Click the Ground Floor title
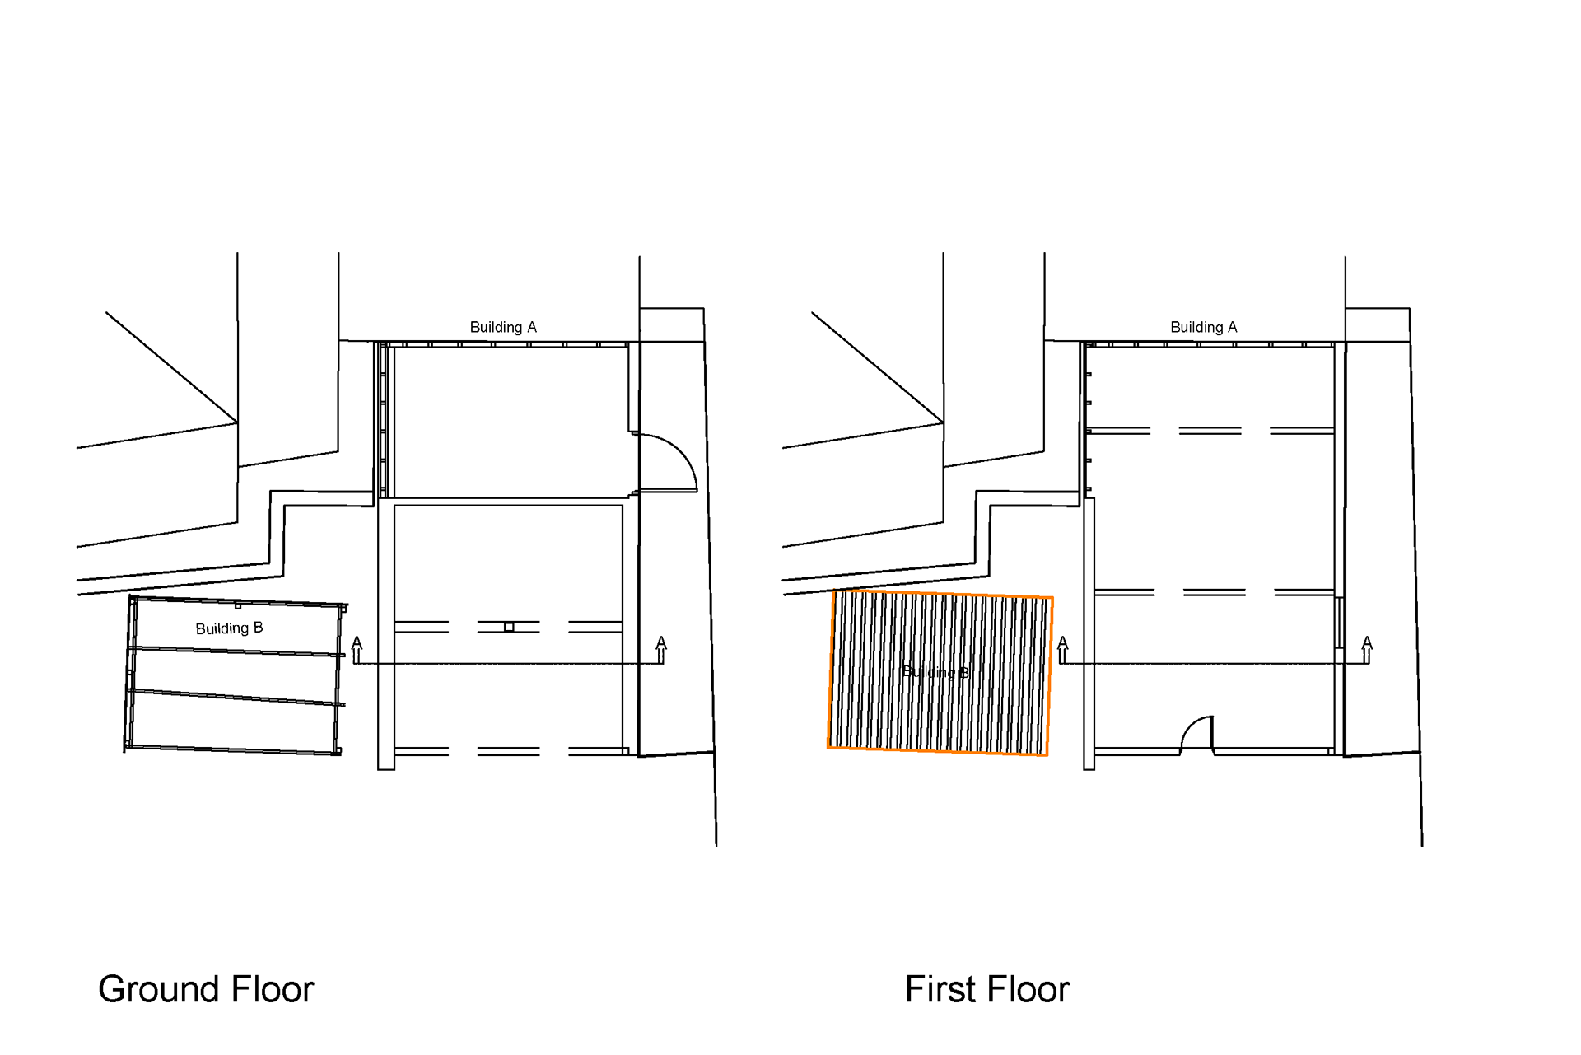pos(206,989)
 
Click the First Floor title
pos(986,989)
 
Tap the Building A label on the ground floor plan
pos(502,327)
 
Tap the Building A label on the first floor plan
pos(1203,327)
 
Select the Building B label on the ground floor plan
pos(229,628)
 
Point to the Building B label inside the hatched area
pos(935,672)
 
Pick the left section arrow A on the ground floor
pos(357,649)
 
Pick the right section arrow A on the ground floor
pos(660,649)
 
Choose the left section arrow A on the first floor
pos(1062,649)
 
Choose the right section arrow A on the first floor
pos(1367,649)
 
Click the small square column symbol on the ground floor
pos(509,628)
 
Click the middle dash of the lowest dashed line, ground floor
pos(508,751)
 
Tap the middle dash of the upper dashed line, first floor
pos(1210,431)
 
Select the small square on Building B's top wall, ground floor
pos(238,605)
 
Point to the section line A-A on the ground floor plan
pos(508,663)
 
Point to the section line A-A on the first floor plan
pos(1215,663)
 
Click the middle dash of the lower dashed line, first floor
pos(1214,592)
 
